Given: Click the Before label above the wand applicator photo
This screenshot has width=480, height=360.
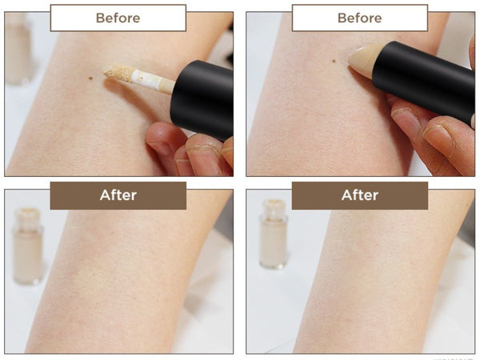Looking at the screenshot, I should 118,18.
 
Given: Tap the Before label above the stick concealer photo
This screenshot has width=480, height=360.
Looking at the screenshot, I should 359,18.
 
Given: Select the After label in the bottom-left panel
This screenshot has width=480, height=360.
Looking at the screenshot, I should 118,195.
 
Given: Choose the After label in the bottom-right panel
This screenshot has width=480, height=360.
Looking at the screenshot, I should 359,195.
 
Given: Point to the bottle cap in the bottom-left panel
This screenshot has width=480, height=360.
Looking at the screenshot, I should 30,216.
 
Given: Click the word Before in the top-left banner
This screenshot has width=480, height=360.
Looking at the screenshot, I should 118,18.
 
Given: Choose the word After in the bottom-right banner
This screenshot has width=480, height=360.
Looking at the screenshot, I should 359,195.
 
